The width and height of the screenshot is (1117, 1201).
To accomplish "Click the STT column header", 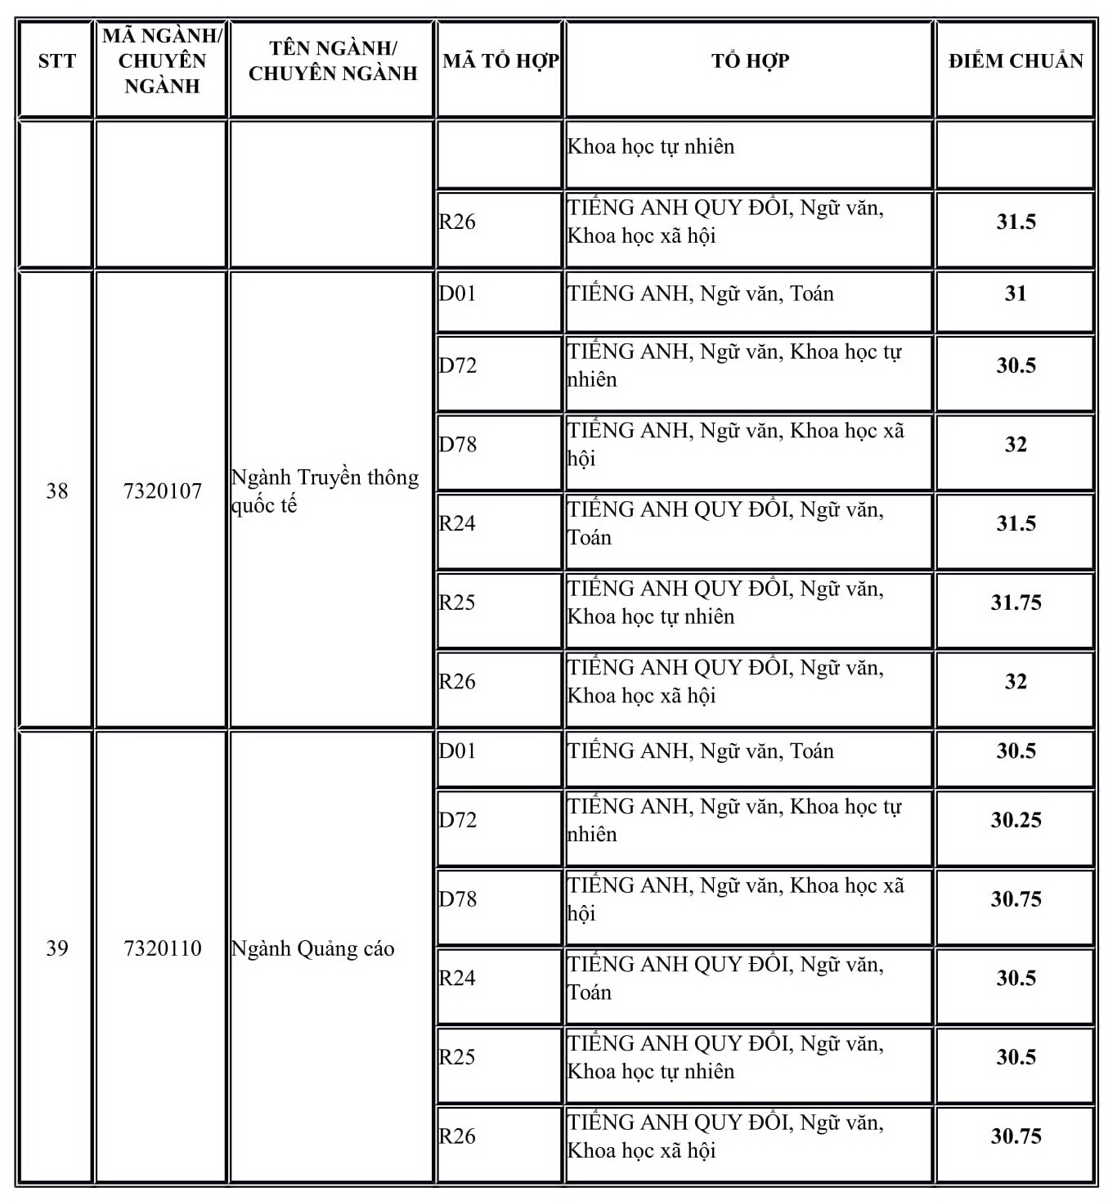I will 56,61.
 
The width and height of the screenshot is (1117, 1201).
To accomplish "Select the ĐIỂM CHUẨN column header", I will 1015,61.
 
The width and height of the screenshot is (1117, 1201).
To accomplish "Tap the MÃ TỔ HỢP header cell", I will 500,61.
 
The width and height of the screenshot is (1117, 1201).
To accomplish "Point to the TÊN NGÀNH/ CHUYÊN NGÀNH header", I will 332,61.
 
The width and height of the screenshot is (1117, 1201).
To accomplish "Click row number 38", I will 56,491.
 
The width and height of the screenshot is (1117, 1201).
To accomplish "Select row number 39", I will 56,948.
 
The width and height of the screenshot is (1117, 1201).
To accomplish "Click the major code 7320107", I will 162,491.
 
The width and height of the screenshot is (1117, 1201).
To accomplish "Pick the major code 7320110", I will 162,948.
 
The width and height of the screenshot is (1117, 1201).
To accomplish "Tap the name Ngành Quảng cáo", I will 313,949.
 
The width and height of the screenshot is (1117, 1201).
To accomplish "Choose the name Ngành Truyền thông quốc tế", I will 325,491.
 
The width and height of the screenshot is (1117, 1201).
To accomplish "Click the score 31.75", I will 1016,603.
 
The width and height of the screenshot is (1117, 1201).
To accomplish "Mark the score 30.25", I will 1016,820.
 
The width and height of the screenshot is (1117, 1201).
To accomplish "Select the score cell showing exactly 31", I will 1016,294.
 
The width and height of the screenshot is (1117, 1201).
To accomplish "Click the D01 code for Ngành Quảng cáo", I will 457,751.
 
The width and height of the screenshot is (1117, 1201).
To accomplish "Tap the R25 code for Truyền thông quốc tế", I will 457,603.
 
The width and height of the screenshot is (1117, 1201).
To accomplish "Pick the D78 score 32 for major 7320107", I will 1016,445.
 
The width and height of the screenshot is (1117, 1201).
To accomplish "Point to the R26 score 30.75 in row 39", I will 1016,1136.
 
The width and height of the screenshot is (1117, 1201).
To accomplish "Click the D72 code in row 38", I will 457,365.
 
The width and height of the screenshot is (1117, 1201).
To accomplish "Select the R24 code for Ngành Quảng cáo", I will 457,979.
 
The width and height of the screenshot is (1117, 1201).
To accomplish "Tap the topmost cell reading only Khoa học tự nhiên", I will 651,147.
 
